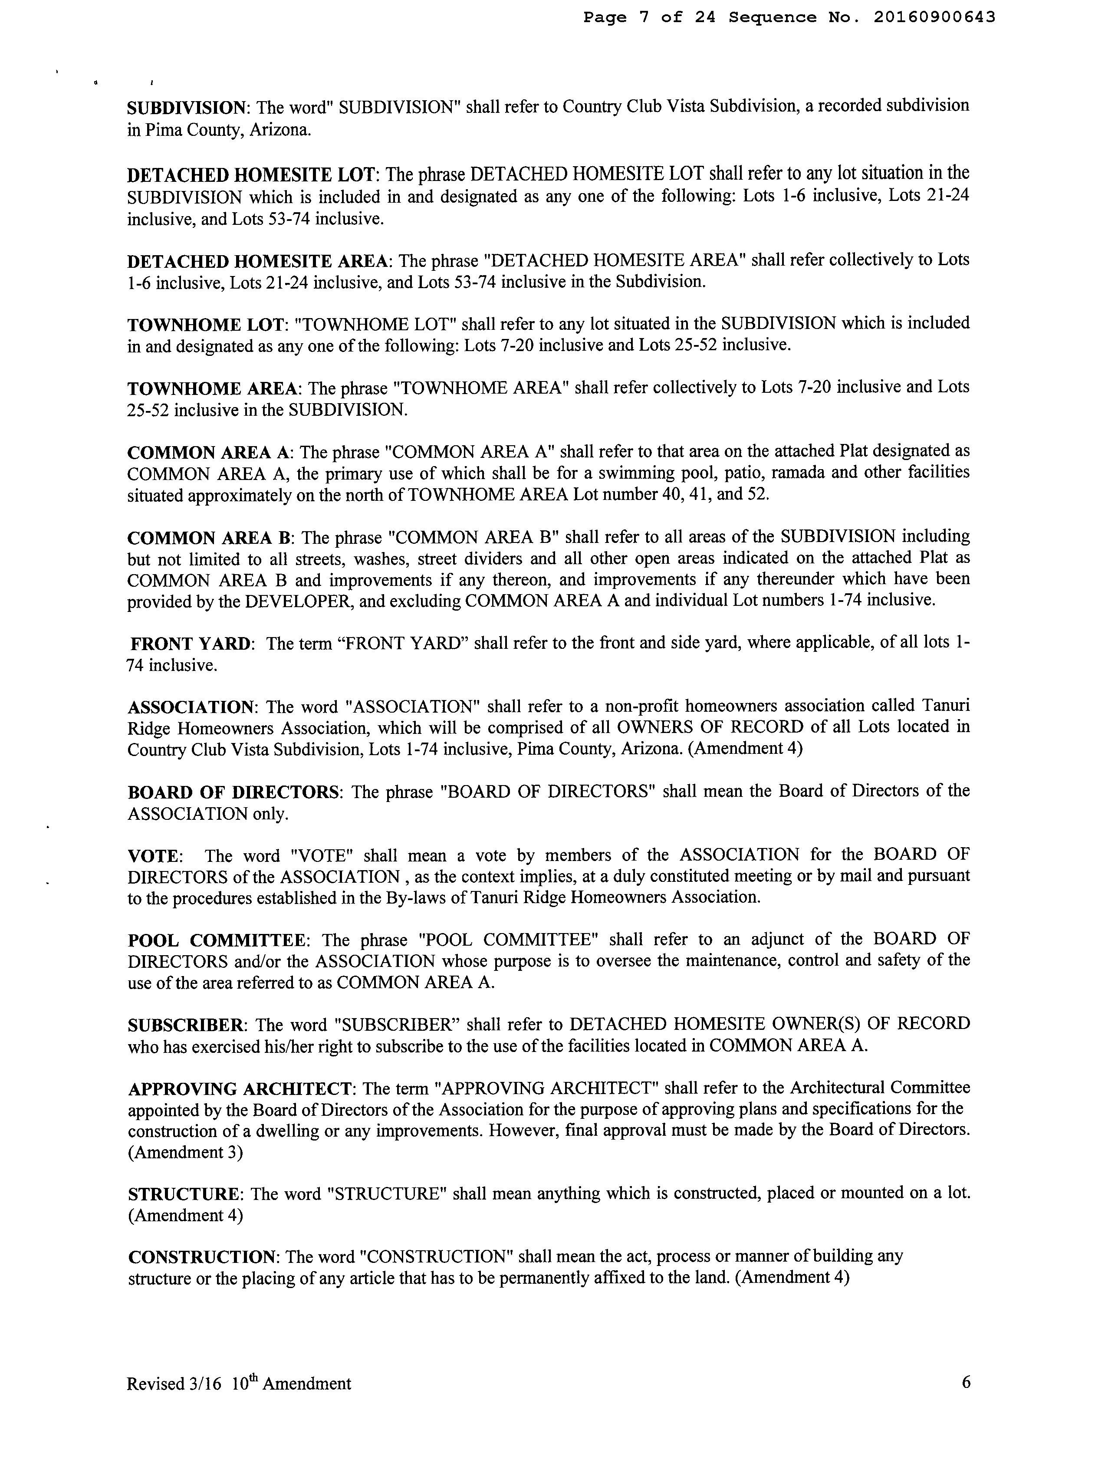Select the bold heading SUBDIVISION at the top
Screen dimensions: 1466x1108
point(186,107)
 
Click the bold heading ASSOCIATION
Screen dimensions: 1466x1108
point(190,707)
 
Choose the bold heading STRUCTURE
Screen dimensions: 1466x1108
point(183,1195)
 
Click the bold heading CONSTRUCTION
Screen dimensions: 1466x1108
point(201,1258)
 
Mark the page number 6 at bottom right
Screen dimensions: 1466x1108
point(966,1383)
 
